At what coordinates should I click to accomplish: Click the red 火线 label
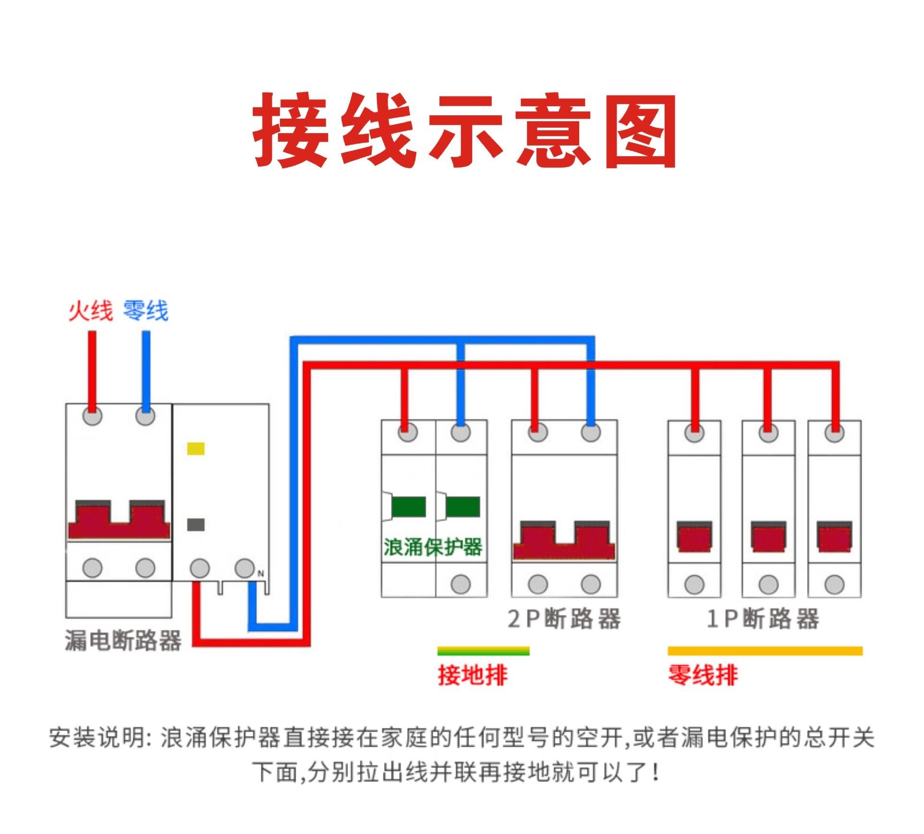pos(90,311)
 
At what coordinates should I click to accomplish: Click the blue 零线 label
pos(146,311)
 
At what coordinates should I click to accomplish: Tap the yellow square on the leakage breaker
pos(195,449)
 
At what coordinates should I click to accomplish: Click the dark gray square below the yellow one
pos(195,525)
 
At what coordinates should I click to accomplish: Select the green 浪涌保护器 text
pos(433,547)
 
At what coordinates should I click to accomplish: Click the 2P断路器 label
pos(564,619)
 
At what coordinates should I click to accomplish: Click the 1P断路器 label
pos(763,619)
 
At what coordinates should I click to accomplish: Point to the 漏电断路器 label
pos(123,640)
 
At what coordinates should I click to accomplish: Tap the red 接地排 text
pos(473,675)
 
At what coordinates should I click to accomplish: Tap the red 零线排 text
pos(703,675)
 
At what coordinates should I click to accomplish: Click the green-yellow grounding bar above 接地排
pos(483,651)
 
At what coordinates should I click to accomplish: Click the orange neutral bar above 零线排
pos(765,651)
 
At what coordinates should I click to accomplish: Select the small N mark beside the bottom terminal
pos(261,574)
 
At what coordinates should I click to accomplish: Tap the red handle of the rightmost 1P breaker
pos(835,537)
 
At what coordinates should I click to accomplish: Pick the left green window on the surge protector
pos(408,507)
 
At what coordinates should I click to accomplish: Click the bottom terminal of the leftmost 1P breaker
pos(694,585)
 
